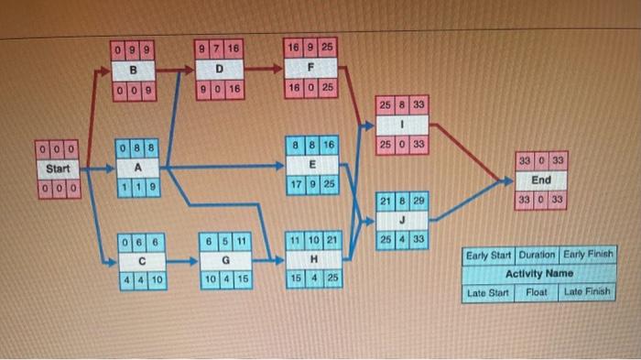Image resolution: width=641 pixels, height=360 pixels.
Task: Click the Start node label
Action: (59, 169)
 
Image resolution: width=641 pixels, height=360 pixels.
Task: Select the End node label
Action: (541, 180)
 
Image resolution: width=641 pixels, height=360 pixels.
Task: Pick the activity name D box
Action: (220, 68)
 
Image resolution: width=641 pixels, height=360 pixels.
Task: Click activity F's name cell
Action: (312, 68)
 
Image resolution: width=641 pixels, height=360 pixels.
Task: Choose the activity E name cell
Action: (312, 164)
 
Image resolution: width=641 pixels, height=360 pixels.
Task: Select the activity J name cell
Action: (402, 221)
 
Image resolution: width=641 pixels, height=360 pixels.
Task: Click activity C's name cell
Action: (142, 259)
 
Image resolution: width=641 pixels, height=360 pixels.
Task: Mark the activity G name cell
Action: (225, 259)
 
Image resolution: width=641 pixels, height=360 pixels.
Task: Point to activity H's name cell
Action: (313, 259)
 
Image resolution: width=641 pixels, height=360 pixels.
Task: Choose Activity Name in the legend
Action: (539, 273)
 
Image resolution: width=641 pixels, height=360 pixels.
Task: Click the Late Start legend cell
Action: (488, 292)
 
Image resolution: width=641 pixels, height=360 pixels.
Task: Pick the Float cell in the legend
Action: (537, 292)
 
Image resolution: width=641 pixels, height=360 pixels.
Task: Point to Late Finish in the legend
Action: (586, 292)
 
